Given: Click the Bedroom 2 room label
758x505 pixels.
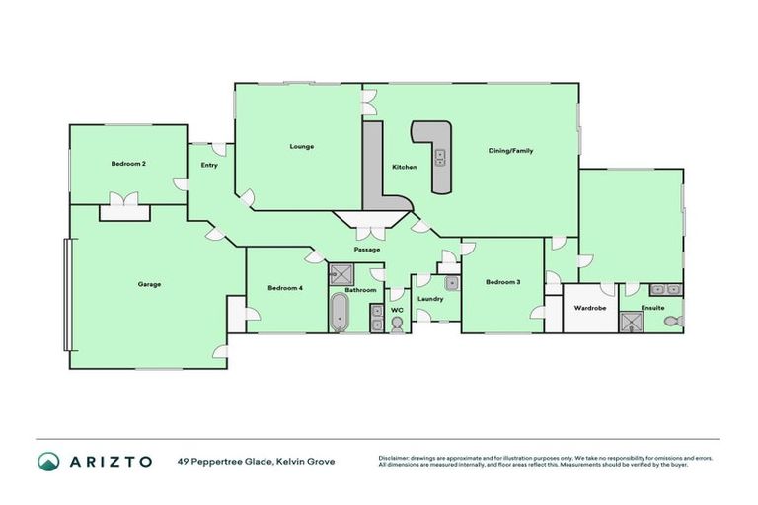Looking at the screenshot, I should tap(128, 164).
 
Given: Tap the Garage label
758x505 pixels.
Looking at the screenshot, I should tap(149, 284).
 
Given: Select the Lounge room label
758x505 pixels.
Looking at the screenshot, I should tap(301, 147).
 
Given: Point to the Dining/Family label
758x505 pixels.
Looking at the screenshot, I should tap(510, 151).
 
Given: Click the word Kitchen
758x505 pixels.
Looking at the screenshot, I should tap(405, 167).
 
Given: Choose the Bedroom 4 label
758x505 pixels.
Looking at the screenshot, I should tap(285, 288).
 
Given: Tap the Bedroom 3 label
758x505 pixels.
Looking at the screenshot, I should tap(502, 283).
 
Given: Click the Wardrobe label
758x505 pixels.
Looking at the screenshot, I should tap(589, 308).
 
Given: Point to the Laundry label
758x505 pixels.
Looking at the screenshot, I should tap(430, 298).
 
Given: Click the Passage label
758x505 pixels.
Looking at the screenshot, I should tap(366, 249).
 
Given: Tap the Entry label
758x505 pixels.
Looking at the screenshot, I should tap(209, 165).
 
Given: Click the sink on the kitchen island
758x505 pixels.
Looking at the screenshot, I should tap(439, 158).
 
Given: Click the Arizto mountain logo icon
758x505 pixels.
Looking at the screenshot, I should tap(48, 461).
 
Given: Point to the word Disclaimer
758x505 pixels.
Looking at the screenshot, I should tap(397, 458).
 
